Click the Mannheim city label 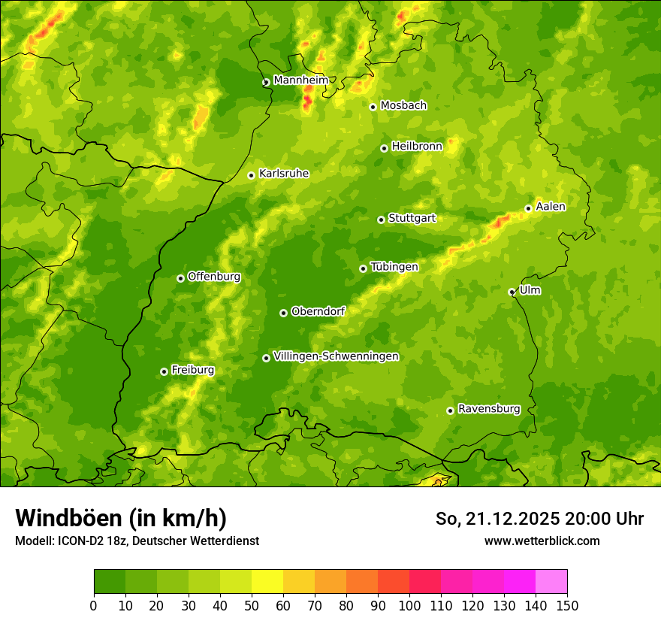coord(300,80)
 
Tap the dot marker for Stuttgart coord(381,220)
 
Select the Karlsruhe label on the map coord(284,174)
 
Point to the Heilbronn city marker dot coord(384,148)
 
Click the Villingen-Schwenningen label coord(337,356)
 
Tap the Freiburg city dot coord(164,371)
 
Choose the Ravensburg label coord(489,409)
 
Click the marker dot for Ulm coord(512,292)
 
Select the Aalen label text coord(551,207)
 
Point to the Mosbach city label coord(403,106)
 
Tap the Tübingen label coord(394,267)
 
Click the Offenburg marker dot coord(180,278)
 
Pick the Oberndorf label coord(318,311)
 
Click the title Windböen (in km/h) coord(121,518)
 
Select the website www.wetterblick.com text coord(542,541)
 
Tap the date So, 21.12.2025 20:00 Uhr coord(539,519)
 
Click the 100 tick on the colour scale coord(409,605)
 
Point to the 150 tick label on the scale coord(567,605)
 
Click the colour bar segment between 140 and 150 coord(551,582)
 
